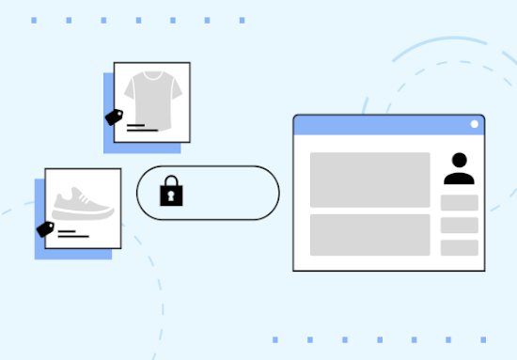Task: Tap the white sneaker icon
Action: click(x=84, y=203)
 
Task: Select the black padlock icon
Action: click(x=171, y=192)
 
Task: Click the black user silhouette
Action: click(x=460, y=169)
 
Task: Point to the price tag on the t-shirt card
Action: click(x=115, y=117)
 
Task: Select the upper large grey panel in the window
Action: click(x=369, y=180)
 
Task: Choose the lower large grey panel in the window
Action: click(x=369, y=235)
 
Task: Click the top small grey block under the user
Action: click(x=460, y=203)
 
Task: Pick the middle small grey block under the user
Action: click(x=460, y=226)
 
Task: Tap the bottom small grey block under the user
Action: click(x=460, y=248)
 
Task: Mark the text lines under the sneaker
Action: click(x=69, y=234)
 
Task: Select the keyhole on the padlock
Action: click(x=171, y=196)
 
